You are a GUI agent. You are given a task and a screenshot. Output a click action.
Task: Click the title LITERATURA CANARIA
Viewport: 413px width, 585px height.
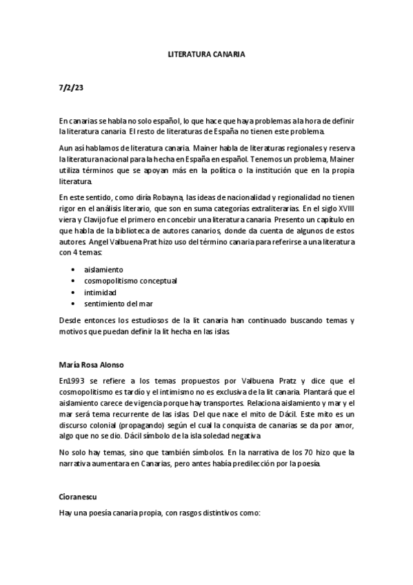206,53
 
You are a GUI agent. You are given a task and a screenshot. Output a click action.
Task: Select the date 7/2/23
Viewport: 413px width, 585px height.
70,88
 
